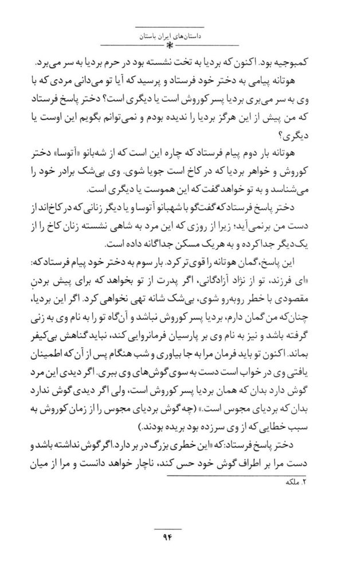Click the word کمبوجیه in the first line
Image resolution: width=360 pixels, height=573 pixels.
[298, 60]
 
